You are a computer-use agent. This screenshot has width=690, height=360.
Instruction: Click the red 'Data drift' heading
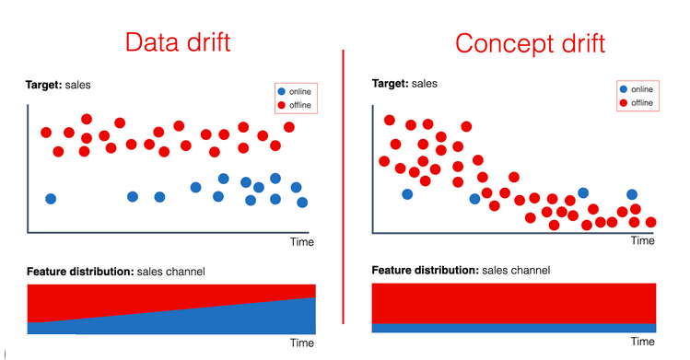pyautogui.click(x=177, y=42)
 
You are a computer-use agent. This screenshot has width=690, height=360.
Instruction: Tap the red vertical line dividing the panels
pyautogui.click(x=343, y=184)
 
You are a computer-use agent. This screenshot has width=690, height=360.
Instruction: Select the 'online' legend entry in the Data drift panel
pyautogui.click(x=295, y=91)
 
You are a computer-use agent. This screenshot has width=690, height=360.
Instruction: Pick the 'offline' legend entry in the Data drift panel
pyautogui.click(x=295, y=105)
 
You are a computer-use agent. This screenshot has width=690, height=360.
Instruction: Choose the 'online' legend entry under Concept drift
pyautogui.click(x=637, y=88)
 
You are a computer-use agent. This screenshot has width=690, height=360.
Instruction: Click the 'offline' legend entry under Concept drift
pyautogui.click(x=637, y=102)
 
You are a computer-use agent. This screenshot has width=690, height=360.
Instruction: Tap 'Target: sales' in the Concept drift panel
pyautogui.click(x=404, y=83)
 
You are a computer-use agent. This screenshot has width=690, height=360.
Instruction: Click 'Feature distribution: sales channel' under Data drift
pyautogui.click(x=116, y=272)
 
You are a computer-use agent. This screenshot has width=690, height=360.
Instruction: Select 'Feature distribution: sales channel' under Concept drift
pyautogui.click(x=461, y=271)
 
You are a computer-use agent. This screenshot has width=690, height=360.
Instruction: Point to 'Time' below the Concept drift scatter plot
pyautogui.click(x=642, y=240)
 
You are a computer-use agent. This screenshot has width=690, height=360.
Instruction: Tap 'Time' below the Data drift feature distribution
pyautogui.click(x=302, y=343)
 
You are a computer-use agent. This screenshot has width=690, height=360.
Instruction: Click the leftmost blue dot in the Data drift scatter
pyautogui.click(x=51, y=199)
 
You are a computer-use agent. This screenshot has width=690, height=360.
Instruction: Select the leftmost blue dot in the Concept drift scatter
pyautogui.click(x=407, y=193)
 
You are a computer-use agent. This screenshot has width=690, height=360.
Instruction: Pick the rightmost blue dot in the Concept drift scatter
pyautogui.click(x=632, y=194)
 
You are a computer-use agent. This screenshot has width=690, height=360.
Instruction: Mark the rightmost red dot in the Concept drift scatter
pyautogui.click(x=651, y=222)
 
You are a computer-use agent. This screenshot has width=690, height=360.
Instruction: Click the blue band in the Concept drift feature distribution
pyautogui.click(x=514, y=327)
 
